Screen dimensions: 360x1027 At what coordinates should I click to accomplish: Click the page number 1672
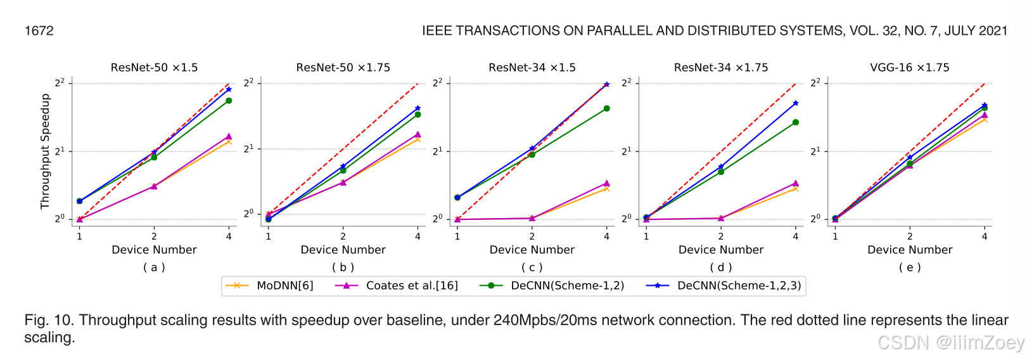pyautogui.click(x=39, y=30)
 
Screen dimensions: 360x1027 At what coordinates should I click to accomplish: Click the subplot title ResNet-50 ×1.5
pyautogui.click(x=154, y=67)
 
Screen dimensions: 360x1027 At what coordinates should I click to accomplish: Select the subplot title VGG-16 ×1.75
pyautogui.click(x=909, y=67)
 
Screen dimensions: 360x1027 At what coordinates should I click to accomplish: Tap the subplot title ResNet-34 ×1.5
pyautogui.click(x=532, y=67)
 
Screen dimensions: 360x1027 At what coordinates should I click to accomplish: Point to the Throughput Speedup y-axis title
pyautogui.click(x=45, y=151)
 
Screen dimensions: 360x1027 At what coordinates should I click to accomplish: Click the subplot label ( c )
pyautogui.click(x=532, y=267)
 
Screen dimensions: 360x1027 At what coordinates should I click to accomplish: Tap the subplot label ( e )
pyautogui.click(x=909, y=267)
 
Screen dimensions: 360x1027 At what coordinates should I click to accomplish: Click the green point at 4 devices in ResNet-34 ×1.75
pyautogui.click(x=795, y=122)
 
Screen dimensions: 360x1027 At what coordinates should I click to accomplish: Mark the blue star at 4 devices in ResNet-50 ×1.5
pyautogui.click(x=229, y=89)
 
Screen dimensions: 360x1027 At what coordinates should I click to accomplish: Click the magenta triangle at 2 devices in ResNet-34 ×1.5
pyautogui.click(x=532, y=218)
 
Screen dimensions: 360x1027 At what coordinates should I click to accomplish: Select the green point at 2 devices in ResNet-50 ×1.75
pyautogui.click(x=343, y=170)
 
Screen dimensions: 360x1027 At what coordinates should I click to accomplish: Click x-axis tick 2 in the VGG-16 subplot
pyautogui.click(x=909, y=236)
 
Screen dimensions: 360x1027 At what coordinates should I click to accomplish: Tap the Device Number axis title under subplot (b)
pyautogui.click(x=343, y=250)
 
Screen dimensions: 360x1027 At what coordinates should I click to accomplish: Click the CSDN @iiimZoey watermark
pyautogui.click(x=950, y=343)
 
